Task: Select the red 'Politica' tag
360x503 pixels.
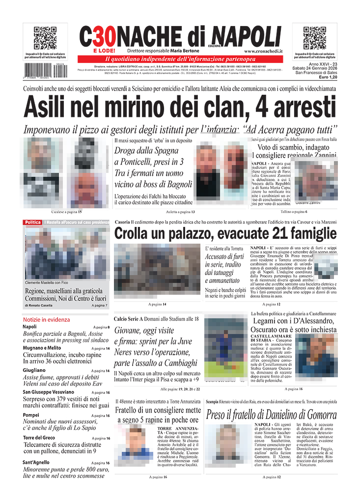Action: [32, 223]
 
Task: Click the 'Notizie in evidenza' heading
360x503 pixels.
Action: [46, 319]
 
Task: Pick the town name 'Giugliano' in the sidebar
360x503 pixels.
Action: [34, 370]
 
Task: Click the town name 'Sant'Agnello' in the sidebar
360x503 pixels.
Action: [36, 462]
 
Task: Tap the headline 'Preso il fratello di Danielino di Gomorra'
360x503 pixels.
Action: [272, 415]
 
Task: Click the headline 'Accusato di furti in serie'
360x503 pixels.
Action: [224, 260]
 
